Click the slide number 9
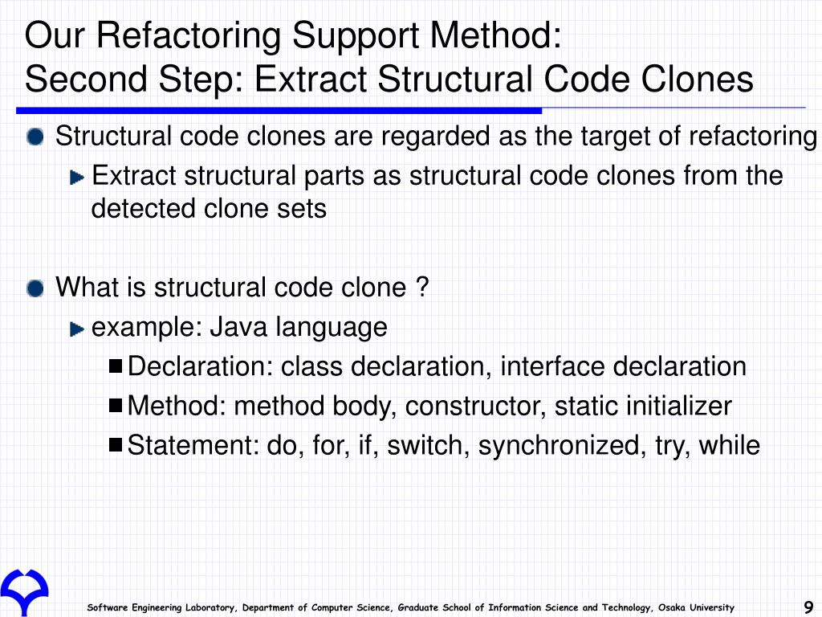point(808,607)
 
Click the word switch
point(429,445)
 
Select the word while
point(729,445)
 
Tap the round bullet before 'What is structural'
point(35,287)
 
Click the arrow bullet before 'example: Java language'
point(77,328)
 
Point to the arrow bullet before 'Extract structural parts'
point(77,176)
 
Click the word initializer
point(685,407)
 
